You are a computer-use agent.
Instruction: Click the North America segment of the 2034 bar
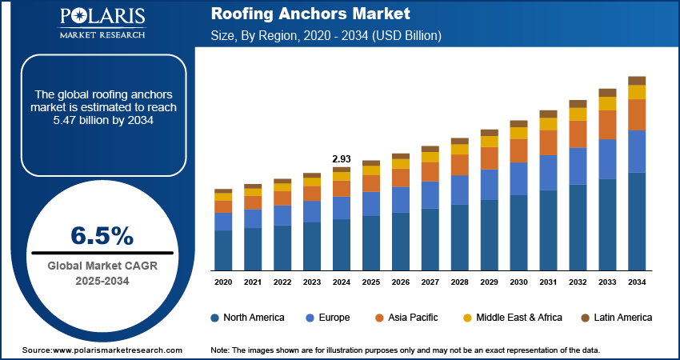tap(637, 221)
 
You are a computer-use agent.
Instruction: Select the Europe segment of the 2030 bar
tap(518, 178)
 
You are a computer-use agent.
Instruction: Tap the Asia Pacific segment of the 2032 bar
tap(578, 134)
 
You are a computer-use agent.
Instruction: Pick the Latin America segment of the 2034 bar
tap(637, 80)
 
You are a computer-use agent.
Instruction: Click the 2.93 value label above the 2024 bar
tap(342, 159)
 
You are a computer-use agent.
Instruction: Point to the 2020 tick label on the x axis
tap(223, 282)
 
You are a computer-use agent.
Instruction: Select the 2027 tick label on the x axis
tap(430, 282)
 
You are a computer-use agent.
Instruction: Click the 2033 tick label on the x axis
tap(607, 282)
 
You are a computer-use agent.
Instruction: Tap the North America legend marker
tap(215, 318)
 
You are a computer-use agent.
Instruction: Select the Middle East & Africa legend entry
tap(512, 318)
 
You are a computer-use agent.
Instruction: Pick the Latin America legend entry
tap(616, 318)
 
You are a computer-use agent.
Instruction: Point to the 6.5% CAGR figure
tap(102, 234)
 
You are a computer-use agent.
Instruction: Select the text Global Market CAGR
tap(102, 266)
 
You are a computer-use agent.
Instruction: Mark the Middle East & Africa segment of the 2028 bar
tap(460, 149)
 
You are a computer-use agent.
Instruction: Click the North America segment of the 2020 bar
tap(223, 250)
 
